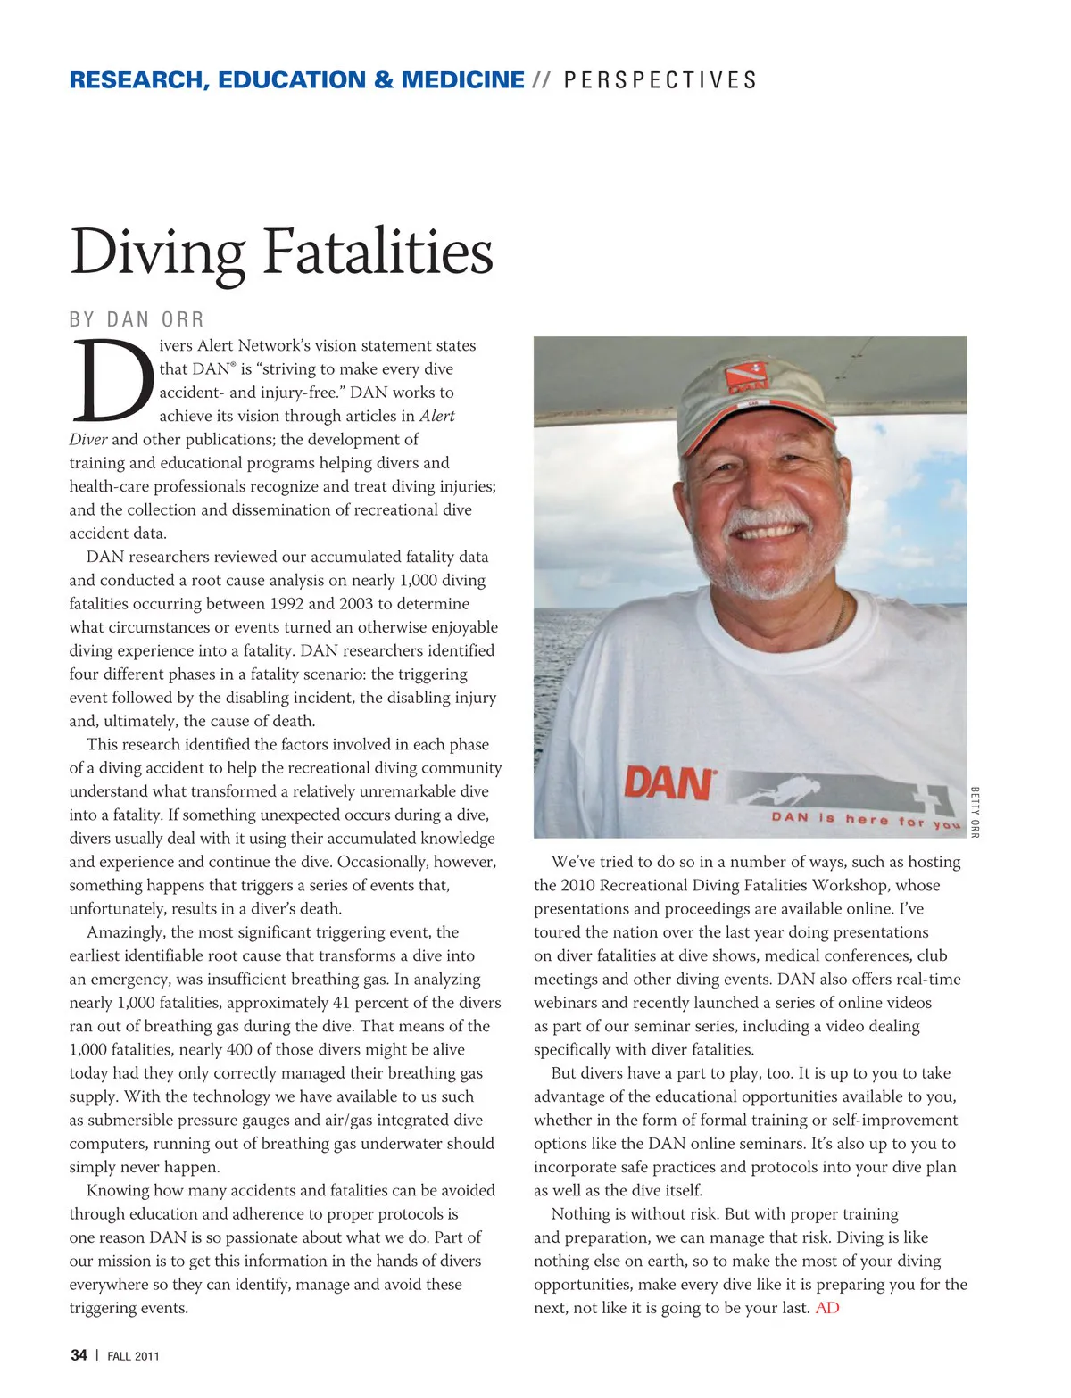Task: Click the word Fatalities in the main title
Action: pyautogui.click(x=378, y=252)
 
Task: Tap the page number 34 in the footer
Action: pyautogui.click(x=79, y=1355)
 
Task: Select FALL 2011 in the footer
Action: pyautogui.click(x=133, y=1356)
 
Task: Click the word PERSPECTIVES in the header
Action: pyautogui.click(x=660, y=80)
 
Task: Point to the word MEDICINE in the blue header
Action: pyautogui.click(x=462, y=80)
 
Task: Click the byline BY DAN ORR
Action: pyautogui.click(x=137, y=319)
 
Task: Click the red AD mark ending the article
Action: pyautogui.click(x=827, y=1308)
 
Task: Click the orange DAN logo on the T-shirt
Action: pyautogui.click(x=668, y=783)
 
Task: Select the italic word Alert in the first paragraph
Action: pyautogui.click(x=437, y=416)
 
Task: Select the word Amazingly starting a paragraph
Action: pyautogui.click(x=125, y=932)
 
